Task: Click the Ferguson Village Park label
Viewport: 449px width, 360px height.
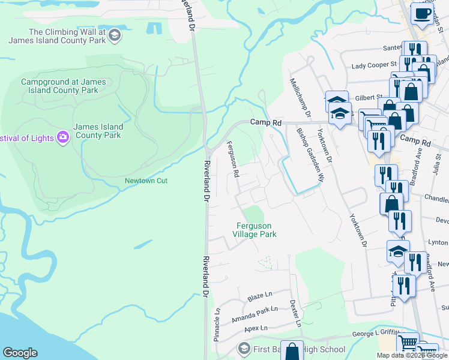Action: (255, 230)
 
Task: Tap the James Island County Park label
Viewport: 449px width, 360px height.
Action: (98, 131)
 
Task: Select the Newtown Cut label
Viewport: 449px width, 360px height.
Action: (143, 181)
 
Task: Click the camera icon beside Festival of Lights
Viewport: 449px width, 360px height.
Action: (63, 137)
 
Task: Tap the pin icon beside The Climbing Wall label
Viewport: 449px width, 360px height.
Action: (115, 36)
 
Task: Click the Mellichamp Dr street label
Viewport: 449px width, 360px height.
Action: (300, 97)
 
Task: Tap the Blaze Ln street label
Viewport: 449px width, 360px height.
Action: (259, 298)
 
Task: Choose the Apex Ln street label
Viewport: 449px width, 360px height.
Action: (255, 329)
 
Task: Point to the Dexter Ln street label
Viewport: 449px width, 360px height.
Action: (295, 313)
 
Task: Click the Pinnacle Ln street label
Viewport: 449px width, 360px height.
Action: (217, 325)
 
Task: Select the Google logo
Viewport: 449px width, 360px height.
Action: (20, 353)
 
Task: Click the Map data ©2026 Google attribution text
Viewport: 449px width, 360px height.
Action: (412, 355)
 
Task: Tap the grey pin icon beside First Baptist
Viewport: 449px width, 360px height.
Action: (243, 349)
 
